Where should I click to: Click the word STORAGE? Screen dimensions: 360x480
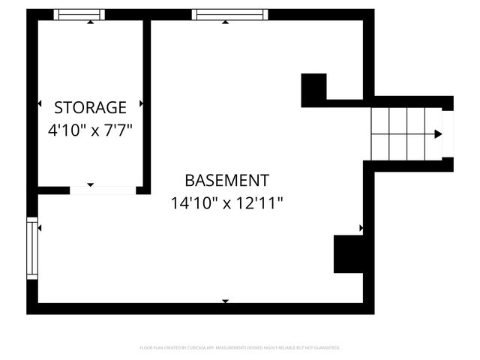click(x=90, y=107)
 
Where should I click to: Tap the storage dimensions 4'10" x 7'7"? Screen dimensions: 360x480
click(x=90, y=130)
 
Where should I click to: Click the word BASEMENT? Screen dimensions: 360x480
click(x=226, y=181)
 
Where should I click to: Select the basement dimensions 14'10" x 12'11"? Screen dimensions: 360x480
click(x=226, y=203)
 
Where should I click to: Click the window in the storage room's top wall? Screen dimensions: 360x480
click(x=79, y=14)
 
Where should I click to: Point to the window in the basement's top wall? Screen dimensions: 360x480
click(x=229, y=14)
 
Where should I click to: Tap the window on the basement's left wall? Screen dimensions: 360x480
click(x=32, y=248)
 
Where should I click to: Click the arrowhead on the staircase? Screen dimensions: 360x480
click(x=438, y=134)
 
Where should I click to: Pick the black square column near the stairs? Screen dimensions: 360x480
click(x=313, y=88)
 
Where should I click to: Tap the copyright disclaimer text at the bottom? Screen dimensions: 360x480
click(x=240, y=348)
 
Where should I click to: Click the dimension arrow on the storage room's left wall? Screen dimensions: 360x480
click(x=40, y=103)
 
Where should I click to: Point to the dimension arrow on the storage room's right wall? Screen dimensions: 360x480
click(x=141, y=103)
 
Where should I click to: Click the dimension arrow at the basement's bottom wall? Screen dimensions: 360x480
click(x=225, y=301)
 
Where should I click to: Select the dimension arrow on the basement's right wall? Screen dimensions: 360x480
click(x=361, y=227)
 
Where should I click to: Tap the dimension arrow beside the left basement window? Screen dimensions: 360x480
click(x=39, y=227)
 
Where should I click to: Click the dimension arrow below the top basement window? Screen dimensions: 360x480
click(x=225, y=22)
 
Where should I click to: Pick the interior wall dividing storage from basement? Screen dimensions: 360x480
click(x=147, y=105)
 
